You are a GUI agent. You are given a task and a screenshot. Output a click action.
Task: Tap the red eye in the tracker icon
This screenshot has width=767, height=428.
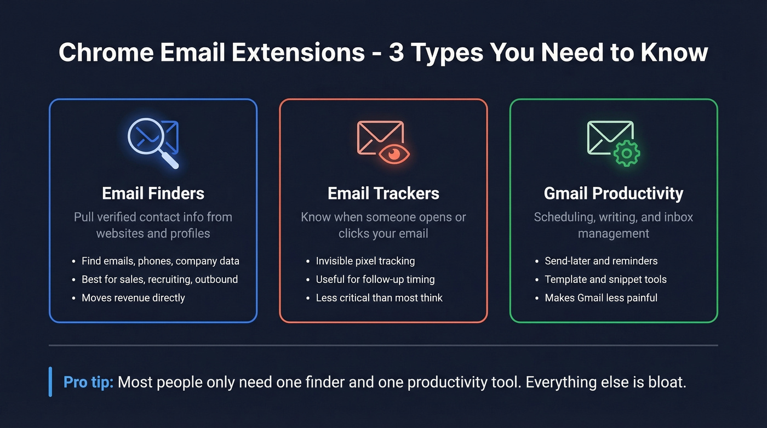click(x=394, y=154)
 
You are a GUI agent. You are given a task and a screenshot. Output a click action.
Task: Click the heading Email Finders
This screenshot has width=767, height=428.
click(x=153, y=193)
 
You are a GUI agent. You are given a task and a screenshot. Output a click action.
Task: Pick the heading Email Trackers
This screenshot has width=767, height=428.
click(x=383, y=193)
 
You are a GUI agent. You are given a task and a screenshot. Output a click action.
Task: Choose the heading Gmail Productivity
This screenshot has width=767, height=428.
click(x=614, y=193)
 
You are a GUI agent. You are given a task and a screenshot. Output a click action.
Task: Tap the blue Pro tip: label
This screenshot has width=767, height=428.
click(x=88, y=382)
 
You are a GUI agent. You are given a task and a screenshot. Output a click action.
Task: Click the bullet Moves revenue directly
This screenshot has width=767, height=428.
click(x=133, y=298)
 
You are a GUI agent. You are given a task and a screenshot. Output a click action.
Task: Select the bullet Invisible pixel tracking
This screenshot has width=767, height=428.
click(x=365, y=261)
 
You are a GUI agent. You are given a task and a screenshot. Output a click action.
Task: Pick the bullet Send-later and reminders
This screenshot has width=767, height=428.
click(x=601, y=261)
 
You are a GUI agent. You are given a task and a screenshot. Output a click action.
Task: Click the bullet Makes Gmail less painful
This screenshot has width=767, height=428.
click(x=601, y=298)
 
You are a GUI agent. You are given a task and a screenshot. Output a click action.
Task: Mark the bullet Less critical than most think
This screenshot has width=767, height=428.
click(x=379, y=298)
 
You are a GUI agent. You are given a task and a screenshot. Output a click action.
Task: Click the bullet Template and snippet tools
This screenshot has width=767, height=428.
click(x=605, y=279)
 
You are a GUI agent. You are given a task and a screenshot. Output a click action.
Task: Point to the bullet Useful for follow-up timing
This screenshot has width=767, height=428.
click(x=375, y=279)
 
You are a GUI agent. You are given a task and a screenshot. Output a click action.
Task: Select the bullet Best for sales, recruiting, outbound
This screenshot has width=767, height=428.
click(x=159, y=279)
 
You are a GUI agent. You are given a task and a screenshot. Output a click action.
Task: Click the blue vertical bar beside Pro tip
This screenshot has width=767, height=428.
click(x=50, y=381)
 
